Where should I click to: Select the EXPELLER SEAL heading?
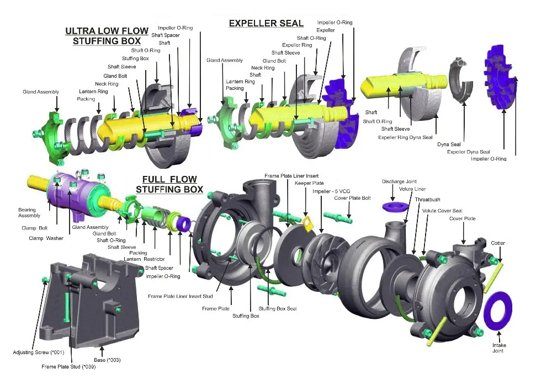(x=266, y=23)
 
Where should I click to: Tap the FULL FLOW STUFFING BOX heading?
(x=169, y=184)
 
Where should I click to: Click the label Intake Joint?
(x=499, y=348)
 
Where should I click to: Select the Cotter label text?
(x=498, y=243)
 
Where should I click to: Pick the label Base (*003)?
(x=107, y=360)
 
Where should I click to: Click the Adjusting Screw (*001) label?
(x=39, y=352)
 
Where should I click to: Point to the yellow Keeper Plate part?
(x=307, y=222)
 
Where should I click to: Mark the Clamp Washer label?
(x=46, y=238)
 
